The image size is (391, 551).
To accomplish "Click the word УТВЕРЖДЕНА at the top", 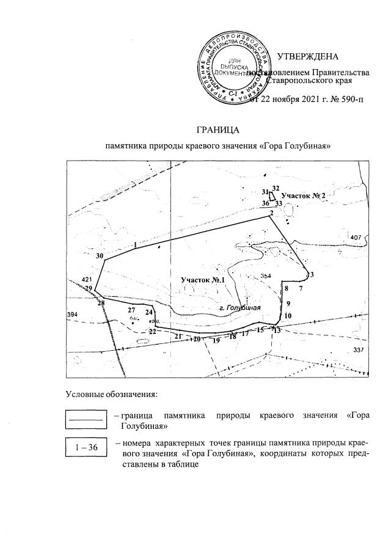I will (307, 57).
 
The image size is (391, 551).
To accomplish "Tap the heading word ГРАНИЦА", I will (217, 130).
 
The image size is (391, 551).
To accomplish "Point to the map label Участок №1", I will (203, 280).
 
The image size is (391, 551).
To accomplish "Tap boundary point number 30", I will (100, 256).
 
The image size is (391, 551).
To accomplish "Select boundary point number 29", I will (89, 288).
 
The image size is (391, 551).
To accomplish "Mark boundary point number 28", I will (101, 303).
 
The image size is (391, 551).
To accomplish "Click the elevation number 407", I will (357, 237).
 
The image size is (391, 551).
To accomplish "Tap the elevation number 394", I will (73, 314).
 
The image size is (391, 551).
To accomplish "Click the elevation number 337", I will (358, 350).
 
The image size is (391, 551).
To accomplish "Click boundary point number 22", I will (152, 331).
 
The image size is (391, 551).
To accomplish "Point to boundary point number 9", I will (288, 304).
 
